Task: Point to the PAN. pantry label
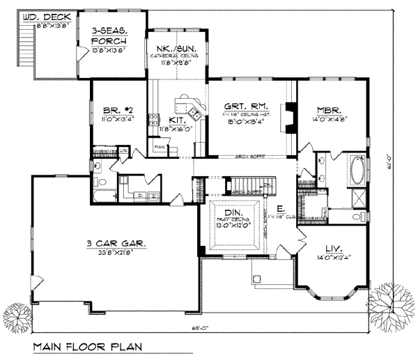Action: coord(160,148)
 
